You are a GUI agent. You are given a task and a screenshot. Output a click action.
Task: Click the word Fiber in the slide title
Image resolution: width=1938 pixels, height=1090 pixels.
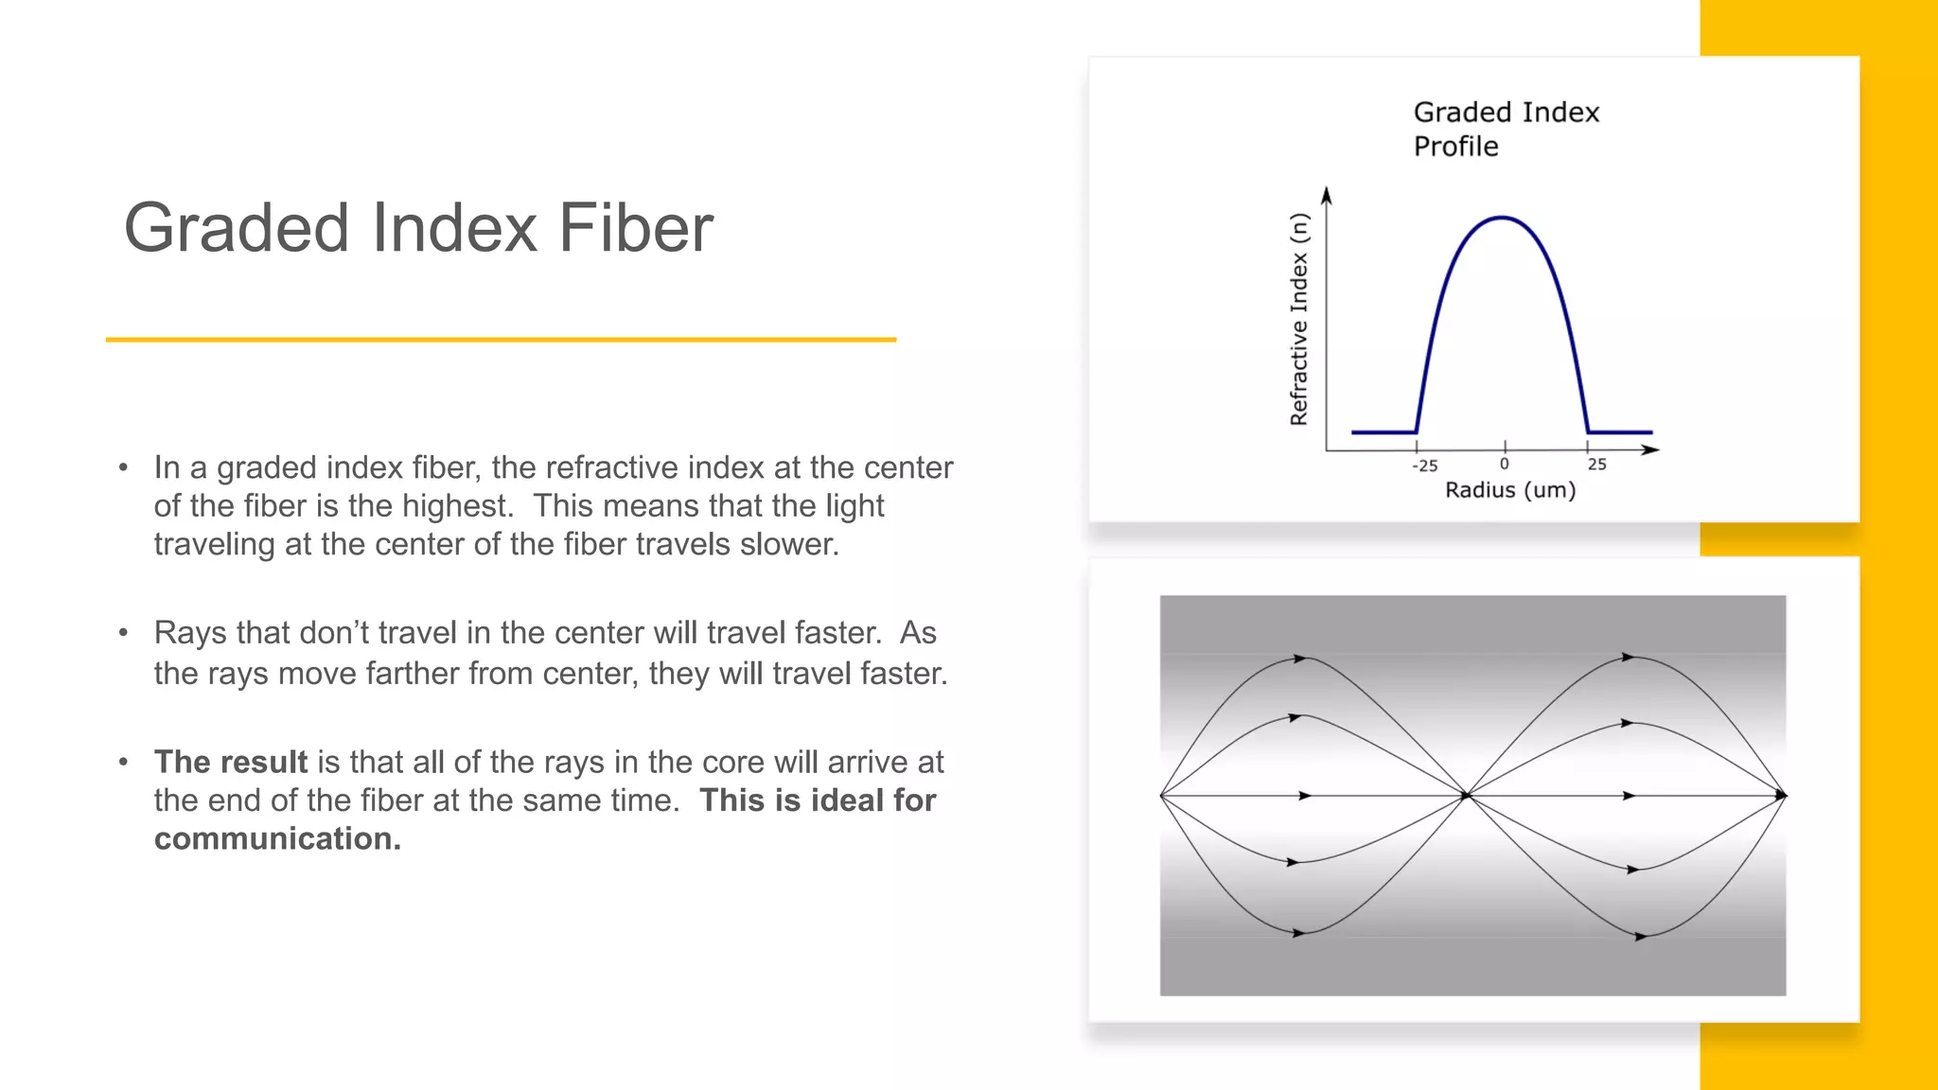(x=635, y=228)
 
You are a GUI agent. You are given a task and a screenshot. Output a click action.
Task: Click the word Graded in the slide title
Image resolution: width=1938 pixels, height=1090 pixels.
(x=237, y=230)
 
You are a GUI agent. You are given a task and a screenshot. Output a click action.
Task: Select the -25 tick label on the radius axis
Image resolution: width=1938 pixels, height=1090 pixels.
(x=1424, y=466)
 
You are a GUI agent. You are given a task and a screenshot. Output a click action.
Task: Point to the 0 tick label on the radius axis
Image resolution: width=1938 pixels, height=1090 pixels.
(x=1505, y=464)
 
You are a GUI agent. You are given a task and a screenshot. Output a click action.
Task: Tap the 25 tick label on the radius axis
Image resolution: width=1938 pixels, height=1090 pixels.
(x=1597, y=464)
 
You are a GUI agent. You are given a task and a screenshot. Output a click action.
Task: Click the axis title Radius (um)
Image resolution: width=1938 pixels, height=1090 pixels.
(x=1510, y=490)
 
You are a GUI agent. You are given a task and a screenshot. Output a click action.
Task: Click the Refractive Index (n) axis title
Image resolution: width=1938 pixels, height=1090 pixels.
(x=1299, y=319)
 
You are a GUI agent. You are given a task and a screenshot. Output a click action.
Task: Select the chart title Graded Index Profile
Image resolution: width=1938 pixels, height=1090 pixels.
(x=1506, y=129)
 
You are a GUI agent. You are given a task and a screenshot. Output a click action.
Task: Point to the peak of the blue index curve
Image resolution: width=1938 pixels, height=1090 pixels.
(x=1503, y=219)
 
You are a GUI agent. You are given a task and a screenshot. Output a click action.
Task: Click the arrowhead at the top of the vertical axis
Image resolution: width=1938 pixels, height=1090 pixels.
(x=1327, y=195)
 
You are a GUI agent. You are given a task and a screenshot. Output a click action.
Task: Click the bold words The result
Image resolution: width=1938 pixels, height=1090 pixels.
(x=231, y=762)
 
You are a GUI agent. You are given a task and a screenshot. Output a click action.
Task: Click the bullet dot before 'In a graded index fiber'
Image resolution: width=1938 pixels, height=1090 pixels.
(x=123, y=467)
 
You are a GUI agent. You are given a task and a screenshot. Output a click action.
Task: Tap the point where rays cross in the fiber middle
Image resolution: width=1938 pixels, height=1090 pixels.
(x=1467, y=796)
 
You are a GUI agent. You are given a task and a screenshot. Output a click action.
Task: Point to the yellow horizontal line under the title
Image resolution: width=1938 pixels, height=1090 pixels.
(x=501, y=340)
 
